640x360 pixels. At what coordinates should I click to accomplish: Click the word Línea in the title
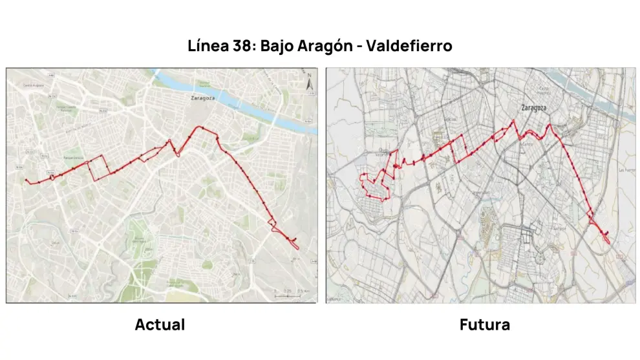206,47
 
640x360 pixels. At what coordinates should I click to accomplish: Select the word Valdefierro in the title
415,47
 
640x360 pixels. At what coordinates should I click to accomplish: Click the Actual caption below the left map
160,324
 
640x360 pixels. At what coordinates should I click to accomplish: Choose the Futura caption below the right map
484,324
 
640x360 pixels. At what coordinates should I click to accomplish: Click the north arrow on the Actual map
309,82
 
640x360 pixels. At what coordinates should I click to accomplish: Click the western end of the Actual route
26,180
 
